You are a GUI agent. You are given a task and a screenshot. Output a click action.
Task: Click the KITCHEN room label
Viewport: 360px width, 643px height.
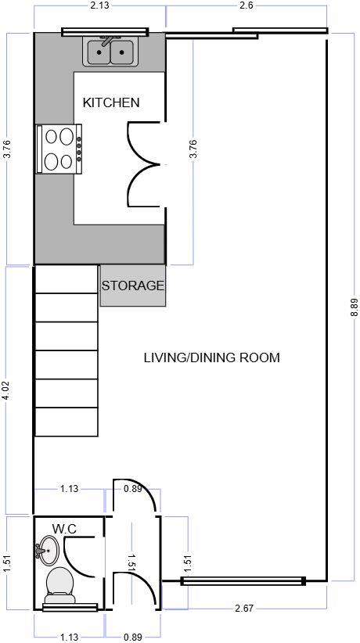(x=111, y=102)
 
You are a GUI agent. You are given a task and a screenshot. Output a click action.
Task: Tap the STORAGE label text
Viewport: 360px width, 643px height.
(x=133, y=286)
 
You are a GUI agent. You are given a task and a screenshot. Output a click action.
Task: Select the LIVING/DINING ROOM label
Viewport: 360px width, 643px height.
(x=211, y=358)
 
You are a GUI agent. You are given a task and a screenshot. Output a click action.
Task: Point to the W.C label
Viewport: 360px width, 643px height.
(x=64, y=529)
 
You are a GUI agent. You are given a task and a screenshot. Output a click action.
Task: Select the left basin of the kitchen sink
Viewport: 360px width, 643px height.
(x=99, y=53)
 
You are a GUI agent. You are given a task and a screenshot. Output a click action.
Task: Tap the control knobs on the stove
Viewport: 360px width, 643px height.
(x=79, y=149)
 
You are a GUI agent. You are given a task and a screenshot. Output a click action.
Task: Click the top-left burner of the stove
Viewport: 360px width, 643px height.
(x=52, y=136)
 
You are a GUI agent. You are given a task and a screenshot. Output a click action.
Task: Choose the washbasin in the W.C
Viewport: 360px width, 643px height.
(x=49, y=550)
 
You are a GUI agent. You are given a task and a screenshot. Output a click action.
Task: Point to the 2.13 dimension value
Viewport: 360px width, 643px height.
(x=99, y=7)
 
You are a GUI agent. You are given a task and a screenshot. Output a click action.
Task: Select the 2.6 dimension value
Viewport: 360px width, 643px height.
(x=246, y=7)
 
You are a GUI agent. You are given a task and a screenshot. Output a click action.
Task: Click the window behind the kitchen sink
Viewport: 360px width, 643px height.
(x=105, y=32)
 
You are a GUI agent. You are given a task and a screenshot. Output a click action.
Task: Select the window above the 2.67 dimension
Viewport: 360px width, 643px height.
(x=243, y=580)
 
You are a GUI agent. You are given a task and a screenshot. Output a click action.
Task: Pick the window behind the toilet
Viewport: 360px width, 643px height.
(x=70, y=606)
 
